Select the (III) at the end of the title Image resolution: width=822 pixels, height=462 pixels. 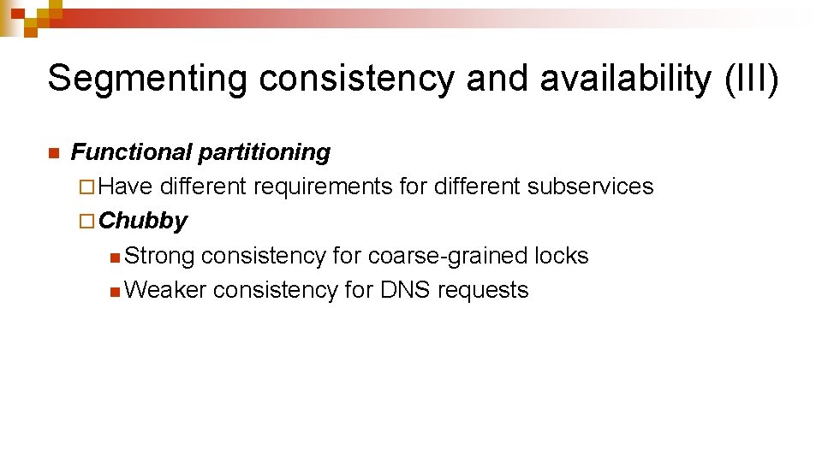click(x=751, y=79)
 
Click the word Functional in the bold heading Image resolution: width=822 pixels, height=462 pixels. click(x=131, y=152)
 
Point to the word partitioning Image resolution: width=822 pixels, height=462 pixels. click(x=264, y=152)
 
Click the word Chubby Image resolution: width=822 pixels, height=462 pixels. click(x=143, y=221)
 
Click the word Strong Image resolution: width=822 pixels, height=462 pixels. click(x=159, y=256)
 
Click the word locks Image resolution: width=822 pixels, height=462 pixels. click(x=561, y=256)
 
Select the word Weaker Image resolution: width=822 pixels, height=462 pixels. click(x=165, y=290)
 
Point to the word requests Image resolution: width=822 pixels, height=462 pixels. click(x=483, y=290)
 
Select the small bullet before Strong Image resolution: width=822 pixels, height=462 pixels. click(x=116, y=257)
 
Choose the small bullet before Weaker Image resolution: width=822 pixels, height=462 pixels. click(x=116, y=291)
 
